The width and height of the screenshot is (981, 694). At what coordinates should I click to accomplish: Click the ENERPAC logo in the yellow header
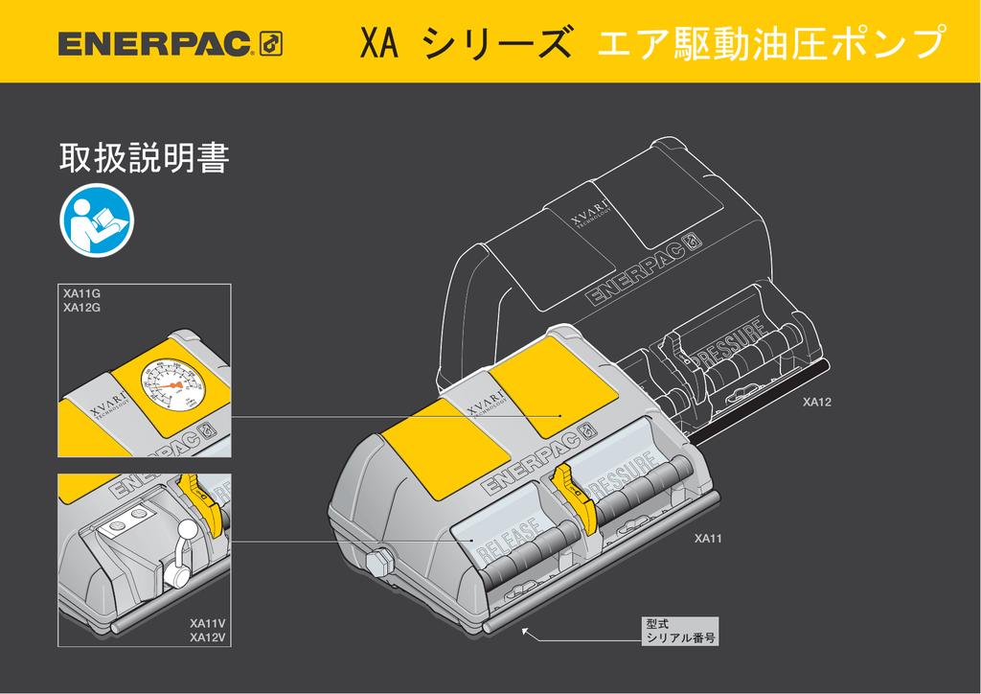[170, 43]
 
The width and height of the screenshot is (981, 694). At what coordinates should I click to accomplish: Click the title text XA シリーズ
[467, 43]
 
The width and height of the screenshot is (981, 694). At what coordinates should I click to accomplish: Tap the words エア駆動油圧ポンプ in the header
[769, 43]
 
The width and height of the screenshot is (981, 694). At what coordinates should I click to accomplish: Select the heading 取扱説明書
[144, 158]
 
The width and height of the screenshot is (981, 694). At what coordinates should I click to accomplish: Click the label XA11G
[82, 294]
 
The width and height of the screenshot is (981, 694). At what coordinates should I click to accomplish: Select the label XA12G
[82, 308]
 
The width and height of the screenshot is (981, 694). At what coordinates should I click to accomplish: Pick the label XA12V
[208, 637]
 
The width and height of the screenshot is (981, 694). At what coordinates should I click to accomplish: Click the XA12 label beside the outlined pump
[816, 402]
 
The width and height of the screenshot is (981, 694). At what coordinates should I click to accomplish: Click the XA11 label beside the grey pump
[708, 539]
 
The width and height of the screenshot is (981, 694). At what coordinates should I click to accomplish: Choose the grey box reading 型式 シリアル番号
[680, 630]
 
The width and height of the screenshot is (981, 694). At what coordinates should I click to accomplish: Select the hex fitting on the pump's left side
[379, 560]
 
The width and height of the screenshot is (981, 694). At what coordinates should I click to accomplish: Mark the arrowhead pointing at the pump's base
[525, 631]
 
